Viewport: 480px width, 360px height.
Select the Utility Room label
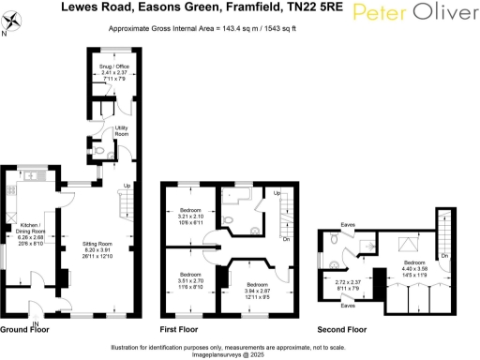tap(121, 132)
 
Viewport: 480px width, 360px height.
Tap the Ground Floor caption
tap(25, 329)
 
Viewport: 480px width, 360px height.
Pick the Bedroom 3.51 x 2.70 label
tap(191, 280)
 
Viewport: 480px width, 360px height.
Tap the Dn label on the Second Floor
tap(445, 255)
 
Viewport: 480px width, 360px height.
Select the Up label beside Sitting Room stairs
tap(127, 185)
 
